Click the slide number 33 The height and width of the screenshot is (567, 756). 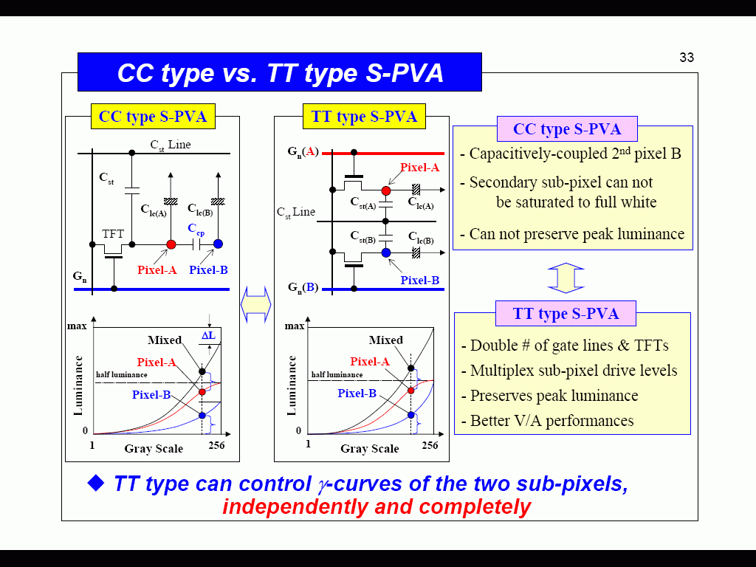[687, 58]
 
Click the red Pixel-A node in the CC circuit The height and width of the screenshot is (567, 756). [171, 244]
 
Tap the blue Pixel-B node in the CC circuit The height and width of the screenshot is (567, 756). [218, 244]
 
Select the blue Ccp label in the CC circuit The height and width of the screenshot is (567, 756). [196, 229]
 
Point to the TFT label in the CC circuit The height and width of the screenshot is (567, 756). [113, 234]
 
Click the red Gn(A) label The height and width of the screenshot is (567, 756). [303, 152]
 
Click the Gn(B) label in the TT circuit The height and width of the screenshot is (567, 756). [303, 288]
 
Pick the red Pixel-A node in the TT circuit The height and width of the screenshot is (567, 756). [385, 191]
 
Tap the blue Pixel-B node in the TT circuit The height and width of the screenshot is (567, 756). [385, 252]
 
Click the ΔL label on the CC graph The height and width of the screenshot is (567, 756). [208, 336]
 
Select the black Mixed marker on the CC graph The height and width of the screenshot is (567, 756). [202, 371]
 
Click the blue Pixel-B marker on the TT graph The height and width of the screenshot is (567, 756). [410, 415]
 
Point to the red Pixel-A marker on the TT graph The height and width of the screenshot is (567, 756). [410, 391]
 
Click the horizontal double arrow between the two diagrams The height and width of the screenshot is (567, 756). [256, 304]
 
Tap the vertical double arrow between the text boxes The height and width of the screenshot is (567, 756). [566, 278]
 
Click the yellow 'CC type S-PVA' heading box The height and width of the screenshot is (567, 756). [153, 117]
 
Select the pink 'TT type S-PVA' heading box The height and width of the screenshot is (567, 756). [566, 314]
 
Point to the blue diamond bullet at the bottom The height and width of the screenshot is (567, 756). [96, 483]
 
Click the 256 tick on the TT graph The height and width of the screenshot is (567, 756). [430, 445]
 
